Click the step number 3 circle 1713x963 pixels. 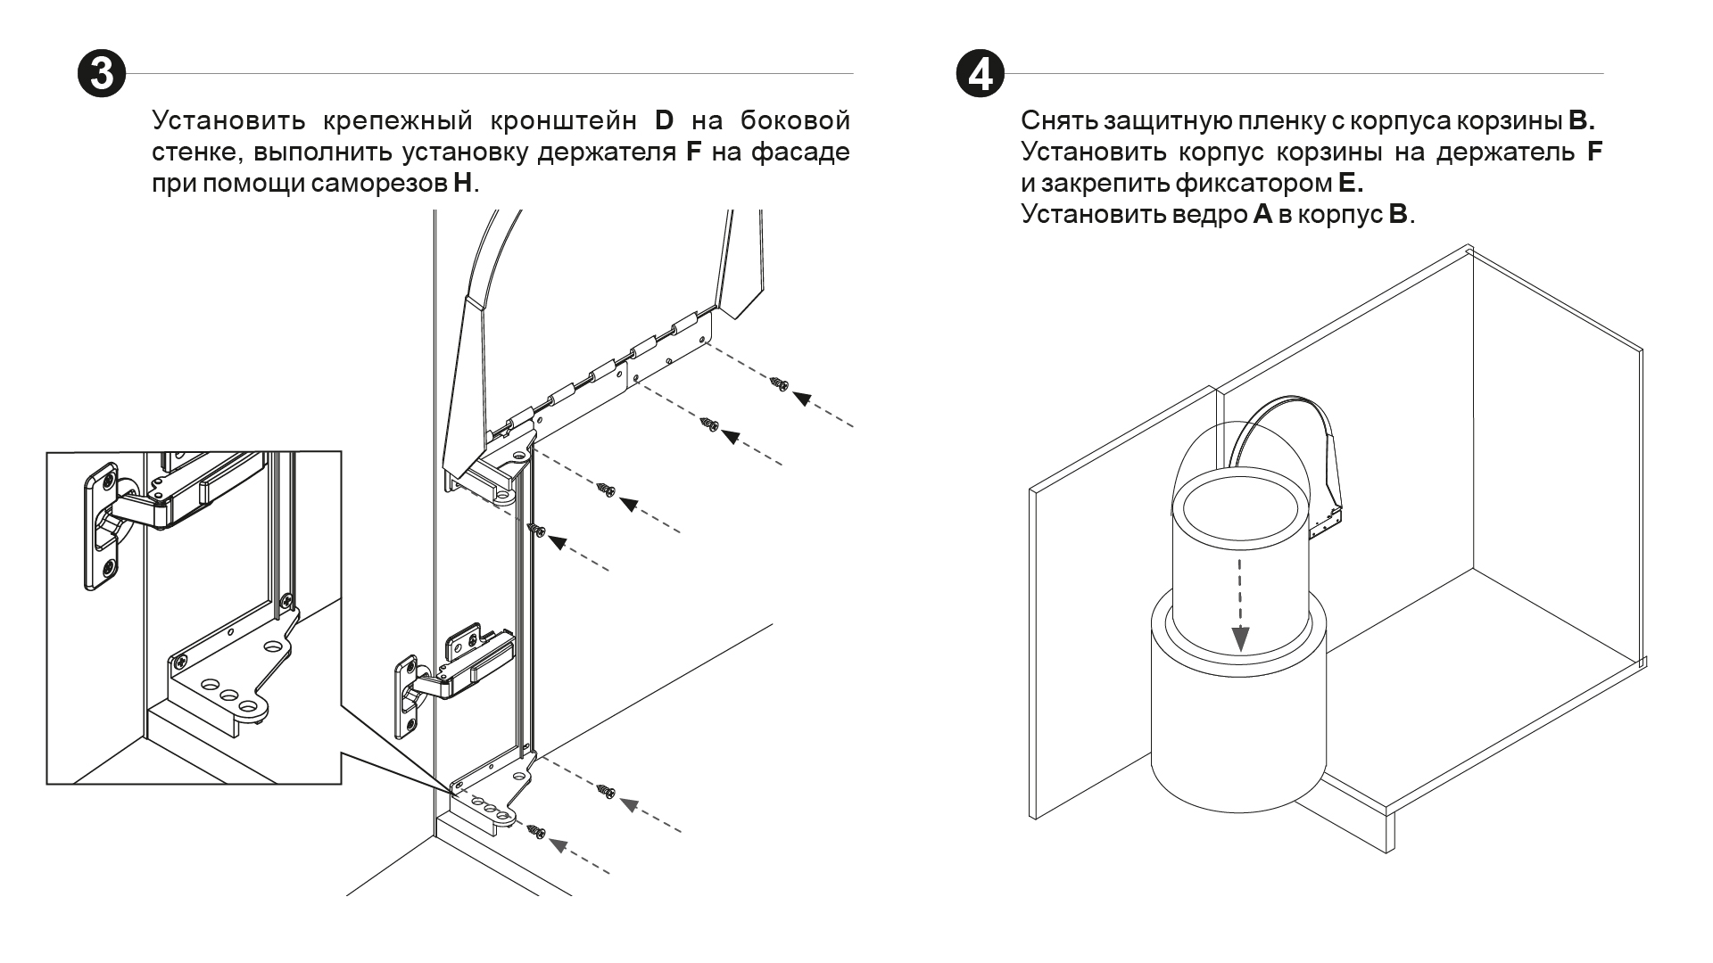coord(101,73)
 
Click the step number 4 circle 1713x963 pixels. coord(979,73)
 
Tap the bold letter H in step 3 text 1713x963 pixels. coord(463,185)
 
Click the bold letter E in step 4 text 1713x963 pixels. coord(1348,184)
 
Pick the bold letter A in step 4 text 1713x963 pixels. coord(1262,216)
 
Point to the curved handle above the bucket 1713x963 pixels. coord(1285,419)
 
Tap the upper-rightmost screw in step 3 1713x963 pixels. coord(779,384)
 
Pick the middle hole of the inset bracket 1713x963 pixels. coord(229,695)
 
